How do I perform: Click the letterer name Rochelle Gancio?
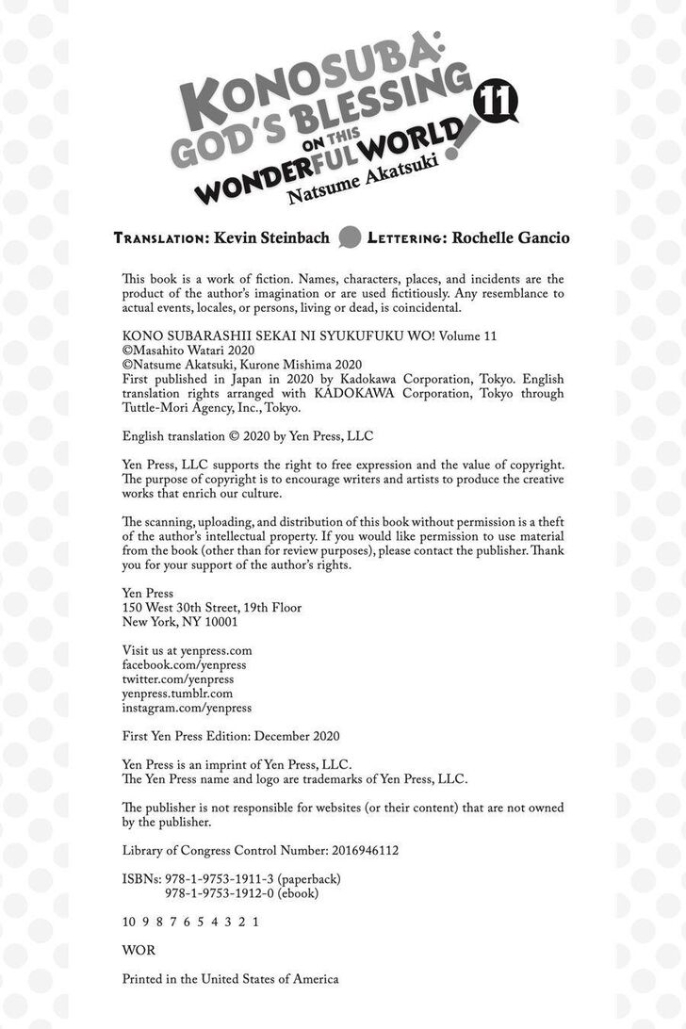(511, 237)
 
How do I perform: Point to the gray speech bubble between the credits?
(350, 237)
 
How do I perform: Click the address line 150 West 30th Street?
(212, 608)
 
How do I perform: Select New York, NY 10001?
(180, 622)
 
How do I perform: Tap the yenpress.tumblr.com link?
(177, 693)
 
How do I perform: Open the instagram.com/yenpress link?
(187, 707)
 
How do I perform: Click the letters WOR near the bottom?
(139, 950)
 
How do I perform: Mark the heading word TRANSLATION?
(156, 238)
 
